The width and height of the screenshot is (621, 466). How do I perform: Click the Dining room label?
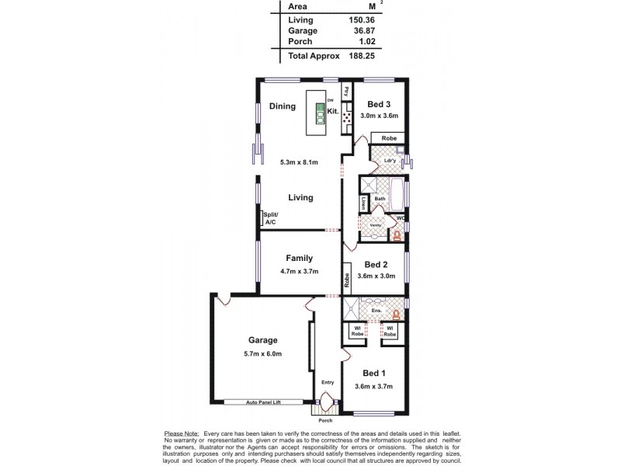pyautogui.click(x=282, y=106)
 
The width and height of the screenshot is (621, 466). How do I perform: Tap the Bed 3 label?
pyautogui.click(x=379, y=105)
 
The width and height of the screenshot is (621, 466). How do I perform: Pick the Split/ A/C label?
pyautogui.click(x=270, y=218)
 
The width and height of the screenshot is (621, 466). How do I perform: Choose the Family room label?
pyautogui.click(x=299, y=259)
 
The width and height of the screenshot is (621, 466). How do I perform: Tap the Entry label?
pyautogui.click(x=327, y=382)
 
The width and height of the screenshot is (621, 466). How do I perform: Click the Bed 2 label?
pyautogui.click(x=376, y=263)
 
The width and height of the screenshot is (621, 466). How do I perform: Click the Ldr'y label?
pyautogui.click(x=379, y=161)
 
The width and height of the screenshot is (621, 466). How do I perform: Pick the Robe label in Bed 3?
pyautogui.click(x=389, y=137)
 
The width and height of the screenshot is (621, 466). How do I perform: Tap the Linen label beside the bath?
pyautogui.click(x=363, y=204)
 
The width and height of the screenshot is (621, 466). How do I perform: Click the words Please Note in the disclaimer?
pyautogui.click(x=181, y=433)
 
